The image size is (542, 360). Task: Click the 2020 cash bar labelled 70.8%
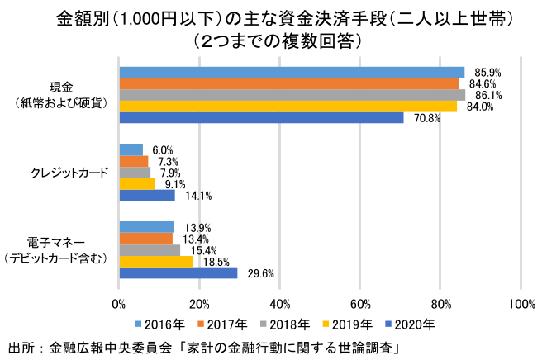coord(261,117)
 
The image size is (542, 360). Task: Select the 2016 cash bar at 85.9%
coord(292,72)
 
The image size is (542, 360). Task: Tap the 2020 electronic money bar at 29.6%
coord(178,272)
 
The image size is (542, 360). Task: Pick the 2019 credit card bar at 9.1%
coord(137,183)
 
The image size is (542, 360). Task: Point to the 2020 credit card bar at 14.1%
coord(147,196)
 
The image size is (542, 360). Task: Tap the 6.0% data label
coord(162,150)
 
